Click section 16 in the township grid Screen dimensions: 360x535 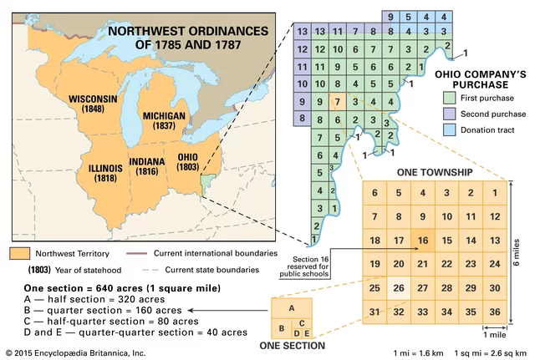[422, 241]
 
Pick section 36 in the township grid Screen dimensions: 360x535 [495, 312]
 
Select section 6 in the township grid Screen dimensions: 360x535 [375, 193]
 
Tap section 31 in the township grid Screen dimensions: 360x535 [375, 312]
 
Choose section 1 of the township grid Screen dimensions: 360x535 [495, 193]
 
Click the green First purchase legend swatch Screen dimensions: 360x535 [449, 99]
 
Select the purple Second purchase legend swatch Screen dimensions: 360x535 [449, 114]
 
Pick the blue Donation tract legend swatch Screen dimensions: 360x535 [449, 130]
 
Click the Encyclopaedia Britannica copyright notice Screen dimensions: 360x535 [75, 352]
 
